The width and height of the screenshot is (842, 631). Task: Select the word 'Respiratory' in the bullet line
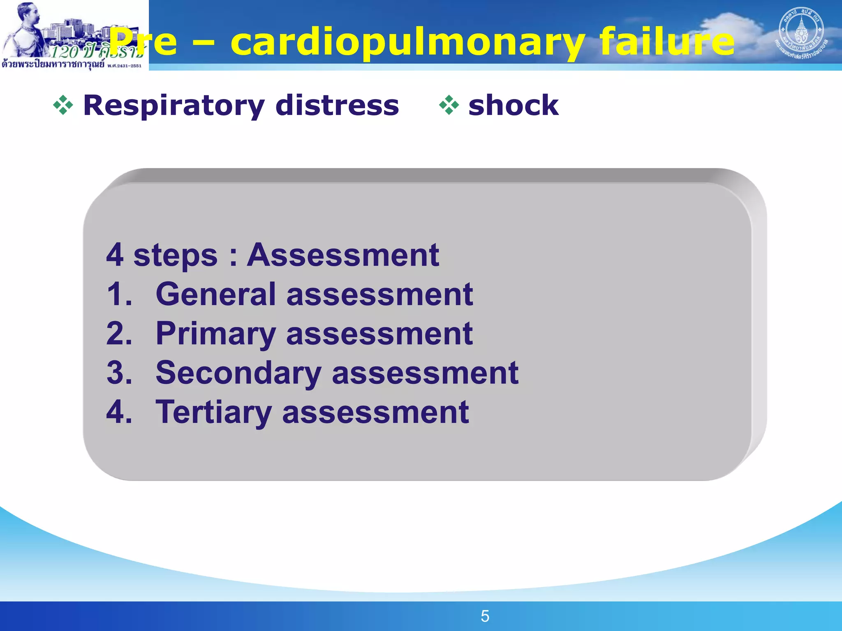173,106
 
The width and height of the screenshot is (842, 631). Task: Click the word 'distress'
337,105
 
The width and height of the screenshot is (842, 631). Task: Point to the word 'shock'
514,105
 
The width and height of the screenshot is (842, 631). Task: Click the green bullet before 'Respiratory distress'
63,105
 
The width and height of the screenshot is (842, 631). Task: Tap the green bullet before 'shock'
449,105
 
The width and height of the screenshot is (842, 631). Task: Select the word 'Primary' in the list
215,334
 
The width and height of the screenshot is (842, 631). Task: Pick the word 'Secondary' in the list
238,373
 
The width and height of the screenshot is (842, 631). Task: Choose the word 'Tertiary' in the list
213,412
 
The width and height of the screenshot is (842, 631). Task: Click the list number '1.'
119,294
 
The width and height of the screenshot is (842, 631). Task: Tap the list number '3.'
119,373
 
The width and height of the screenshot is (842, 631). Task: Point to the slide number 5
485,616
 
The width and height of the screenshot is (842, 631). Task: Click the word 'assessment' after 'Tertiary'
375,412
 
